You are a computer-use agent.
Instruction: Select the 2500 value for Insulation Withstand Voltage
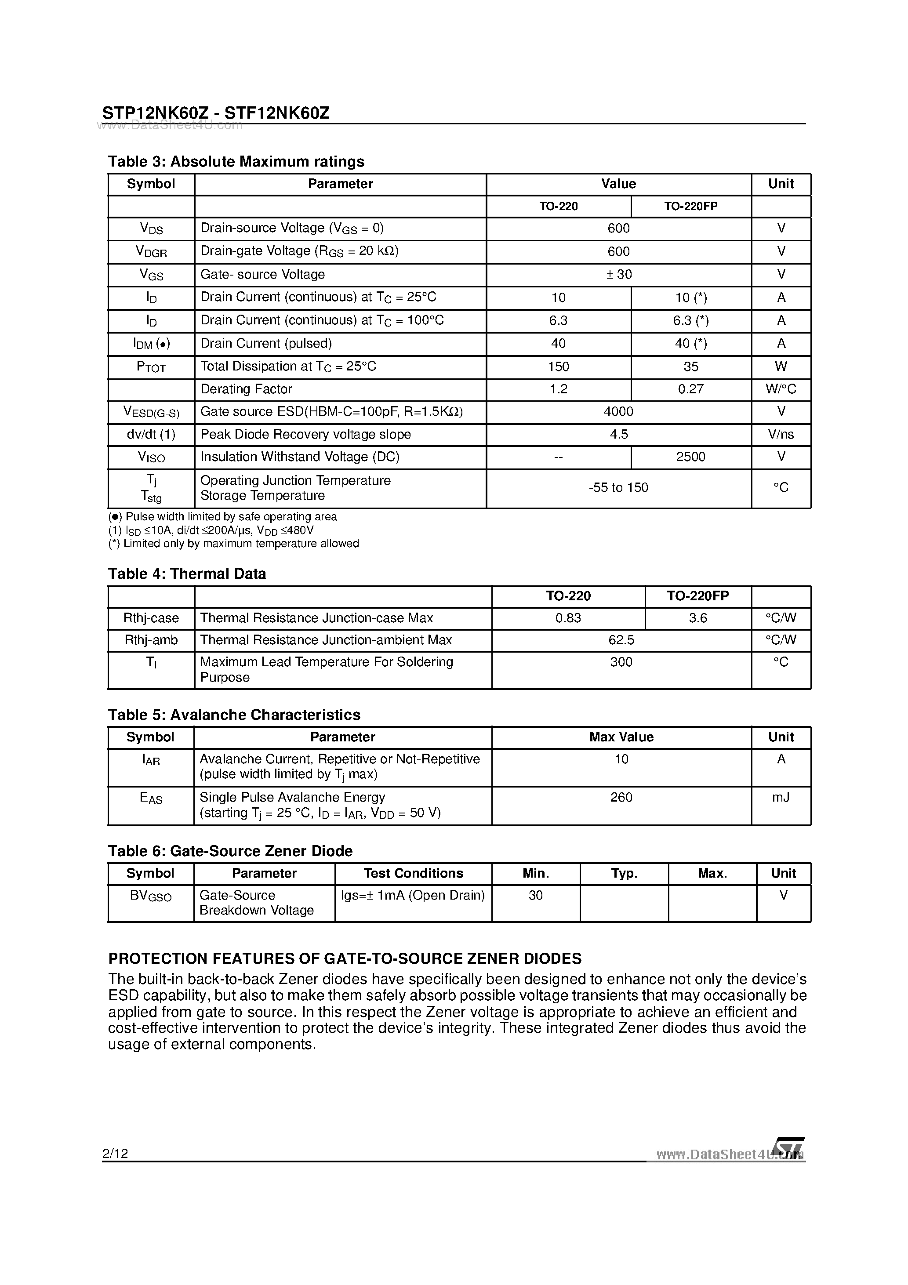pos(690,457)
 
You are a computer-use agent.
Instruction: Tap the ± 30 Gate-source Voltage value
pos(618,274)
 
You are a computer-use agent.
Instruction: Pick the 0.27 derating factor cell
pos(690,389)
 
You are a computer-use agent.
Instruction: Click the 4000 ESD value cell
pos(618,411)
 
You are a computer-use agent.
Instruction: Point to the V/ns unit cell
pos(781,434)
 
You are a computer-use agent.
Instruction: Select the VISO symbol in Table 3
pos(151,457)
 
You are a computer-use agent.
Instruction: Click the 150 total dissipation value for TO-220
pos(558,367)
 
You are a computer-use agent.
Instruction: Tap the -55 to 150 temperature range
pos(618,487)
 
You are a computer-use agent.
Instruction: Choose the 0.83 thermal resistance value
pos(568,618)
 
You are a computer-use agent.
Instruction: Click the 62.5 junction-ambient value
pos(621,640)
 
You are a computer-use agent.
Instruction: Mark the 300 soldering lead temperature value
pos(621,662)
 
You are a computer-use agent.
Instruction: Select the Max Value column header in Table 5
pos(621,737)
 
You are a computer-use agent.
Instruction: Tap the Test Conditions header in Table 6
pos(413,873)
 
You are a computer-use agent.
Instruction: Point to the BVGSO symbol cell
pos(151,896)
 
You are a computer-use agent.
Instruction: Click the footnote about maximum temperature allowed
pos(233,544)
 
